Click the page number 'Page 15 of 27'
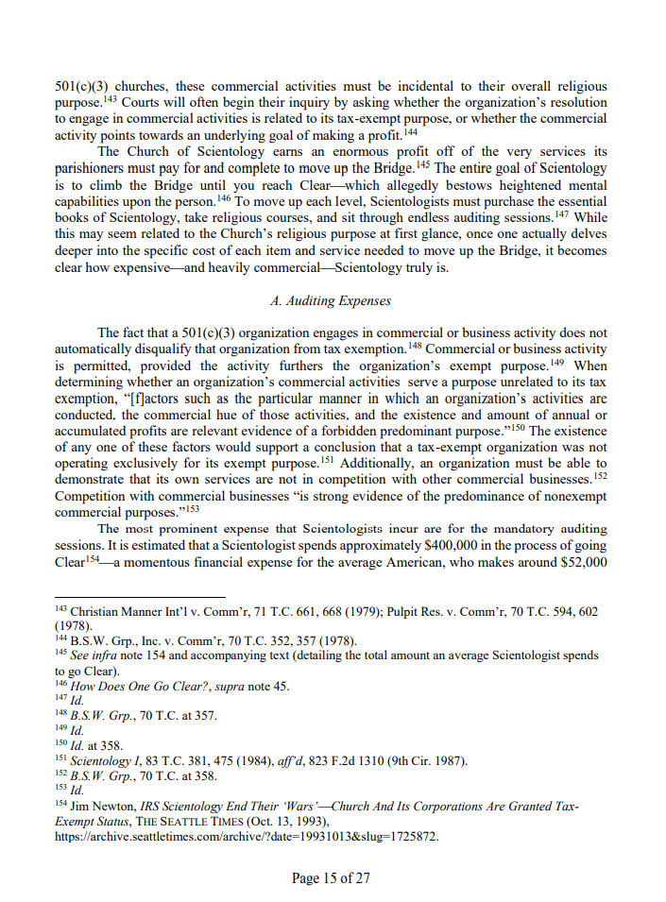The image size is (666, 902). tap(331, 878)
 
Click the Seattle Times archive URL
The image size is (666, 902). tap(247, 837)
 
